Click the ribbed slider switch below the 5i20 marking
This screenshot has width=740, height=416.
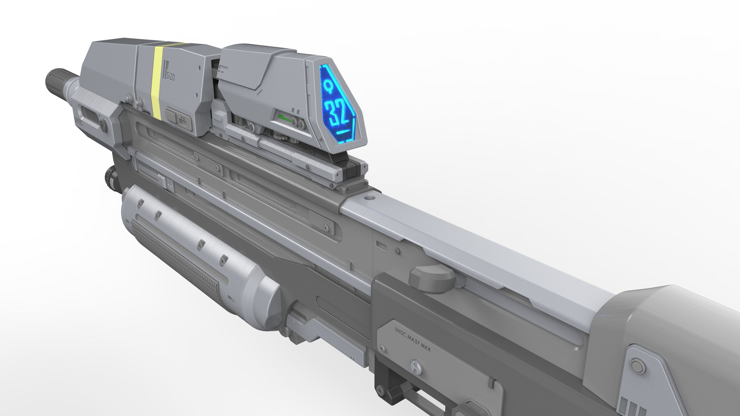click(x=171, y=115)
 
